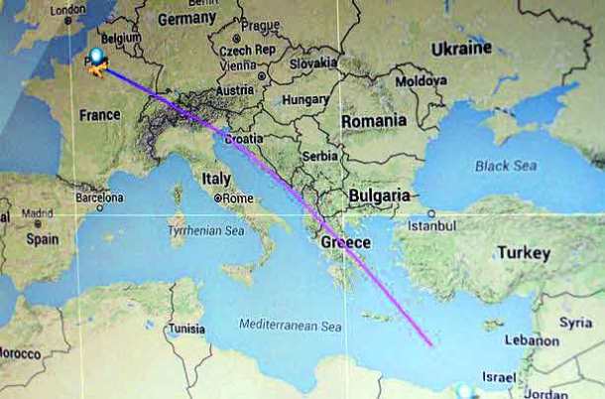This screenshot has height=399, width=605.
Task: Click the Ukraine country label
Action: [x=461, y=48]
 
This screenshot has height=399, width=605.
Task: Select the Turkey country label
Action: [x=523, y=253]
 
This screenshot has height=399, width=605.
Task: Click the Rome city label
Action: [x=237, y=198]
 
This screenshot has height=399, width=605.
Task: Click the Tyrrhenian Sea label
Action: [x=207, y=230]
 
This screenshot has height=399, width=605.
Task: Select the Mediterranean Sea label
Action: [x=290, y=326]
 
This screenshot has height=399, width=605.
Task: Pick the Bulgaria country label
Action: [x=379, y=196]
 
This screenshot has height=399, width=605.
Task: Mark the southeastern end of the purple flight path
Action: [x=431, y=345]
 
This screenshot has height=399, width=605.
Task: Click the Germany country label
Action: [x=186, y=19]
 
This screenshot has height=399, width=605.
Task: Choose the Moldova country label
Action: [x=421, y=80]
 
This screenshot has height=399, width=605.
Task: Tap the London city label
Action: [x=67, y=11]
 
